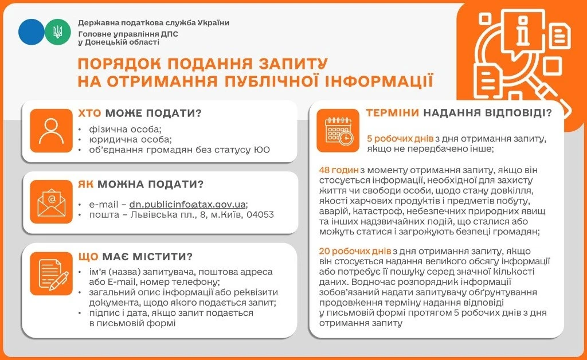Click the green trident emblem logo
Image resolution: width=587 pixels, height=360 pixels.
pyautogui.click(x=58, y=32)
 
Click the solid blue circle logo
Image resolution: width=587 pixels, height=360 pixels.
pyautogui.click(x=31, y=32)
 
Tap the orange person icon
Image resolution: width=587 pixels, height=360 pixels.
pyautogui.click(x=52, y=131)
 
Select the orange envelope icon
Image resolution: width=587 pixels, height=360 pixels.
pyautogui.click(x=52, y=201)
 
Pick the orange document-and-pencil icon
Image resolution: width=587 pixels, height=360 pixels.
pyautogui.click(x=52, y=273)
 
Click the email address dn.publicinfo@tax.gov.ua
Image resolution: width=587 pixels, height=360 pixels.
pyautogui.click(x=189, y=204)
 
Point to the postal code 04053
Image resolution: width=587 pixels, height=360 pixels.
pyautogui.click(x=260, y=215)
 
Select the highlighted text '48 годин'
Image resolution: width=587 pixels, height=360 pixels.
pyautogui.click(x=339, y=170)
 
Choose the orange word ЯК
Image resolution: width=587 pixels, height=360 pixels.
pyautogui.click(x=87, y=185)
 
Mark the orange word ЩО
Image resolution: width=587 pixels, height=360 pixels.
pyautogui.click(x=89, y=256)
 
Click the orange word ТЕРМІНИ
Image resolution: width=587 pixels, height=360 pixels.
pyautogui.click(x=392, y=113)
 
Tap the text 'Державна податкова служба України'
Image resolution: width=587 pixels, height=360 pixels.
pyautogui.click(x=154, y=23)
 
